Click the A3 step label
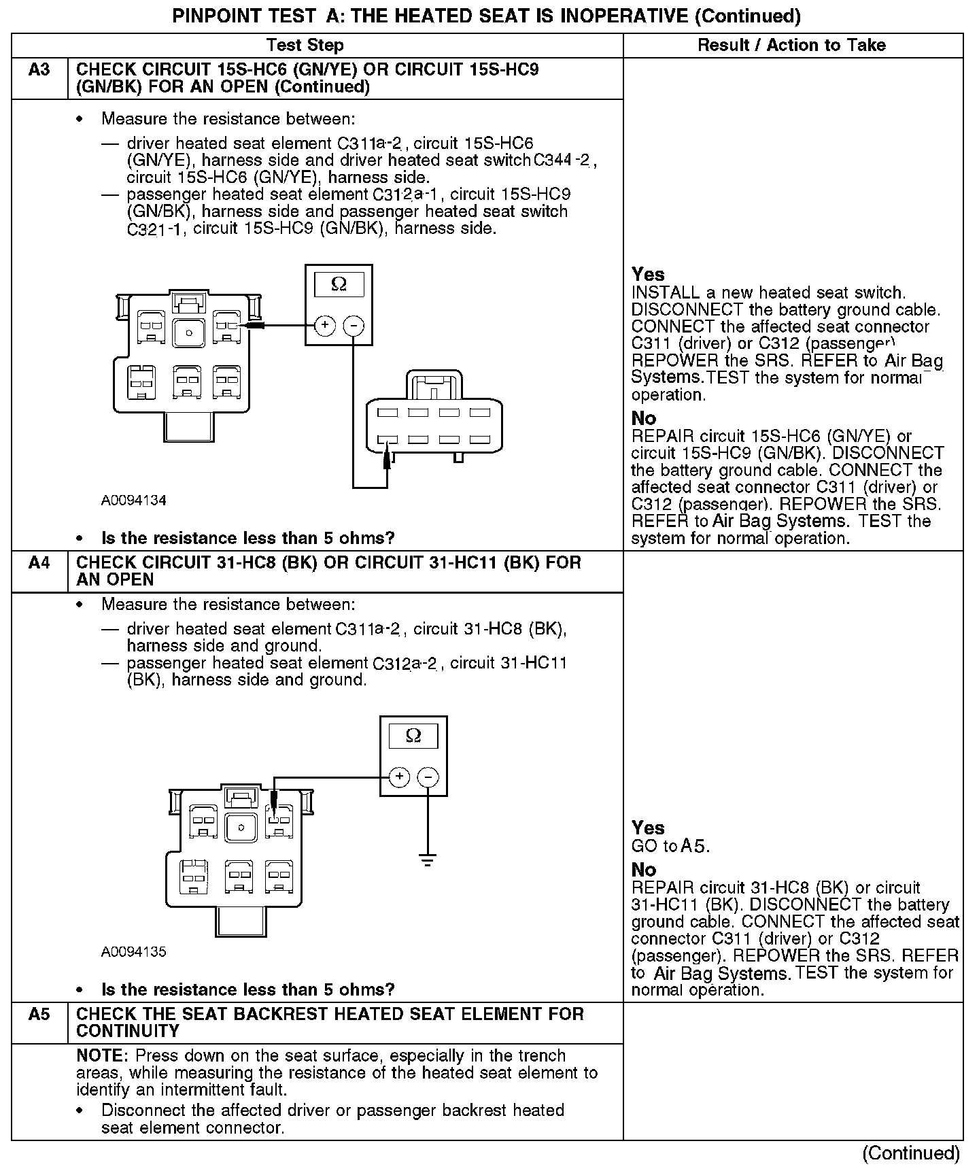[x=39, y=70]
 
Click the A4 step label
[x=39, y=563]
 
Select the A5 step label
[x=39, y=1015]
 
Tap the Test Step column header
[x=305, y=46]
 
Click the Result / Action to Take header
[x=792, y=46]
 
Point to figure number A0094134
[x=134, y=500]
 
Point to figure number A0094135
[x=134, y=952]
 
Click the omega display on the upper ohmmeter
[x=339, y=284]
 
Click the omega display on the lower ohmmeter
[x=413, y=736]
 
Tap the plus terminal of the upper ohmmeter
[x=325, y=325]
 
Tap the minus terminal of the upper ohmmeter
[x=353, y=325]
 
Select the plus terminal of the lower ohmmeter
[x=400, y=777]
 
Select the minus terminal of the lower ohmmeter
[x=428, y=777]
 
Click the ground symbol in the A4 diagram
[x=428, y=861]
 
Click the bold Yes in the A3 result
[x=648, y=275]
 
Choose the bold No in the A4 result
[x=644, y=870]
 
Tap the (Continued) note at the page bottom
[x=911, y=1153]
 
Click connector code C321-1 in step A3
[x=154, y=229]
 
